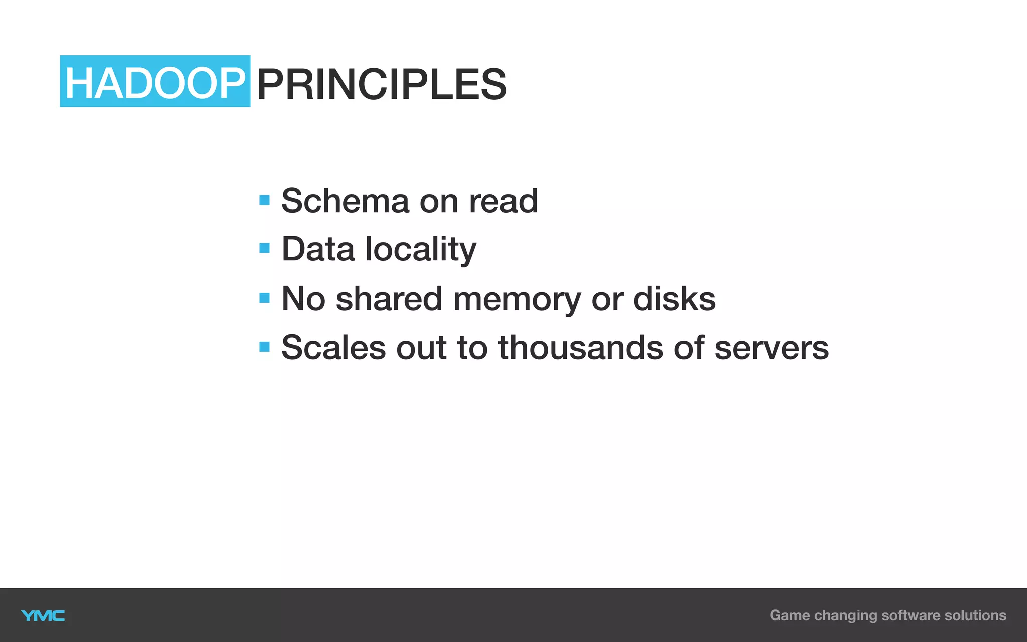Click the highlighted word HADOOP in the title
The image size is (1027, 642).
coord(154,82)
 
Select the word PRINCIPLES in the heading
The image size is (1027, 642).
coord(382,84)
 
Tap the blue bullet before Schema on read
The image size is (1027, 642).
coord(264,201)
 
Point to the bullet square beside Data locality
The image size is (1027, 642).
coord(264,248)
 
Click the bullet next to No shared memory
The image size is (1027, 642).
coord(264,298)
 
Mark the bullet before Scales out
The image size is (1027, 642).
coord(264,347)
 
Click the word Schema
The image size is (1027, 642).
coord(345,201)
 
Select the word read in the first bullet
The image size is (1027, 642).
coord(503,201)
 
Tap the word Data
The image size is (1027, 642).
coord(318,249)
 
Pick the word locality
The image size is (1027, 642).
coord(420,250)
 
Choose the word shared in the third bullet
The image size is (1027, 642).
coord(389,299)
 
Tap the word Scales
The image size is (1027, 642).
coord(333,347)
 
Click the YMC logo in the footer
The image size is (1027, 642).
coord(43,615)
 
